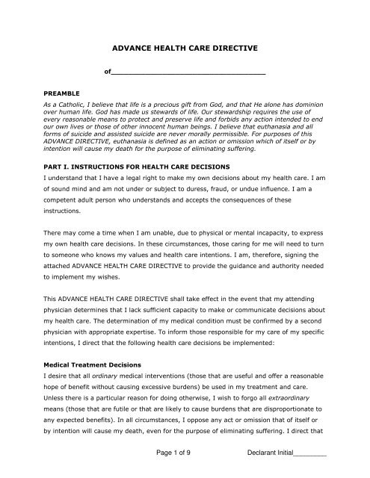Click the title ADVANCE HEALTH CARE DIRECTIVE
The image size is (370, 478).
pos(185,48)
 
